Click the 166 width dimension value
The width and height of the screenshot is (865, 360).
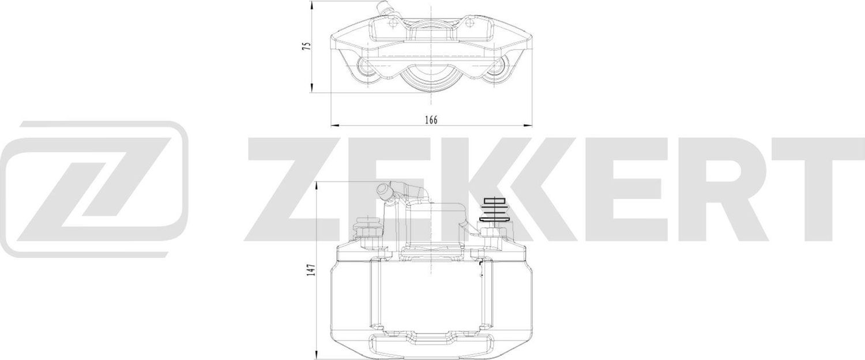coord(431,120)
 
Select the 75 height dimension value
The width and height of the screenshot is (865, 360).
coord(307,46)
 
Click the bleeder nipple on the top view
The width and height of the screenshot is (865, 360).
coord(383,8)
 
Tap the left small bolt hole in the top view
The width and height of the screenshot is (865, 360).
coord(392,24)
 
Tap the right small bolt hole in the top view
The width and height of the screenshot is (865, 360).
coord(471,24)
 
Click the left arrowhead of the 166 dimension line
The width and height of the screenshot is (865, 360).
coord(333,125)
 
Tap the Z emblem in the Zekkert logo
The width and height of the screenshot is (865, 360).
coord(95,189)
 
